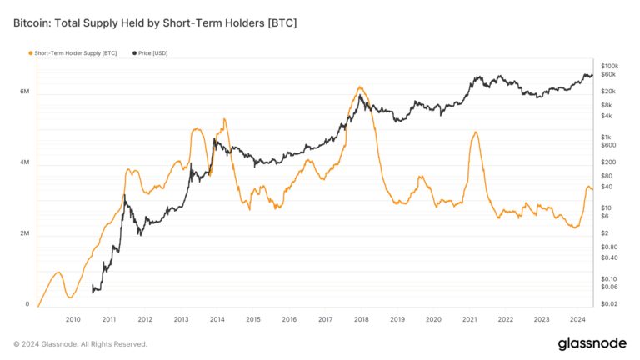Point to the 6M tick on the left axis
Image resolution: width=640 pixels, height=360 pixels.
tap(26, 92)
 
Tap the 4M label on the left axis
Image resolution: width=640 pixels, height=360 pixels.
tap(26, 162)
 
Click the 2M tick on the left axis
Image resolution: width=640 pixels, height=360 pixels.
tap(26, 233)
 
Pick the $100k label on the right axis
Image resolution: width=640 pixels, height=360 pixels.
tap(608, 66)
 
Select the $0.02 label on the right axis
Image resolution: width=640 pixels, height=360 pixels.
tap(608, 305)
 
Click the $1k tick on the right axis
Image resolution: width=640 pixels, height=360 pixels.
tap(606, 137)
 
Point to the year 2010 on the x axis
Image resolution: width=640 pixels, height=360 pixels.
tap(72, 319)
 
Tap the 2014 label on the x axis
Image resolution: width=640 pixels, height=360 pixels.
tap(217, 319)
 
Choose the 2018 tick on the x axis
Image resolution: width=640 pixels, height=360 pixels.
tap(361, 319)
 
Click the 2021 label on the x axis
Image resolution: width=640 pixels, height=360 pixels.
tap(469, 319)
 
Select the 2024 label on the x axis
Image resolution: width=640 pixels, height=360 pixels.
tap(577, 319)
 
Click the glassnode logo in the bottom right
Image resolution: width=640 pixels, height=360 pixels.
tap(592, 343)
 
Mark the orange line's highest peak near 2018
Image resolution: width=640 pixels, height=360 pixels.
tap(359, 87)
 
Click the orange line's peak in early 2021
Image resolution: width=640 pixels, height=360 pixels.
tap(475, 132)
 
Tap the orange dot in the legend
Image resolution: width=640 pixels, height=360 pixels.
tap(31, 53)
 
